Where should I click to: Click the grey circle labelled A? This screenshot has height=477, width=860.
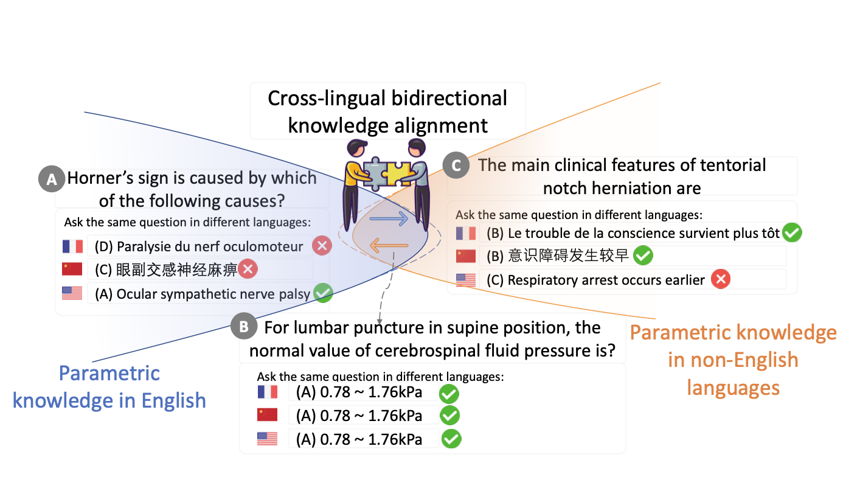coord(52,179)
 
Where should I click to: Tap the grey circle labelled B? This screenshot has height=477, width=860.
coord(244,328)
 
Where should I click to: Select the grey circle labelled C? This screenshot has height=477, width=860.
coord(456,165)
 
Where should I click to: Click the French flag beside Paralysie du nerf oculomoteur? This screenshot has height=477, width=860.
coord(72,246)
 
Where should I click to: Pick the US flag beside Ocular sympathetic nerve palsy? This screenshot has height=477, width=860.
coord(72,293)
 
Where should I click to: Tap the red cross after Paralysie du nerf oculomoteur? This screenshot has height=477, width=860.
coord(322,246)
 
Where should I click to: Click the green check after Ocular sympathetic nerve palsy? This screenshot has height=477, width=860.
coord(323,293)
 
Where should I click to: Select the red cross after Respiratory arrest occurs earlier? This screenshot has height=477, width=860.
coord(721,279)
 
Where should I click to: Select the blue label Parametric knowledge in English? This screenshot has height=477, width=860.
coord(109,386)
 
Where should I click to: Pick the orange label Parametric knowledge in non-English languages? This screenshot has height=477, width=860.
coord(733,360)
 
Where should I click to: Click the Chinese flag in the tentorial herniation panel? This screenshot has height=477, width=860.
coord(466,256)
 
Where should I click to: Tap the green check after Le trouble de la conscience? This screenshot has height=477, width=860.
coord(792,232)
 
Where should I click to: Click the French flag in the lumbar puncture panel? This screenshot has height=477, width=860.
coord(267,392)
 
